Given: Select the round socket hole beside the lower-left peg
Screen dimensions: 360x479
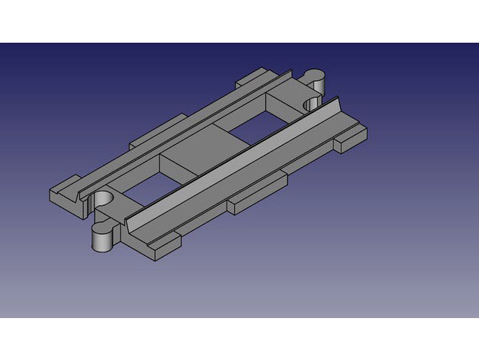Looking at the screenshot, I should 103,200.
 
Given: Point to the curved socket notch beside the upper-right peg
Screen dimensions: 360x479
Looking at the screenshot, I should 310,104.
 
